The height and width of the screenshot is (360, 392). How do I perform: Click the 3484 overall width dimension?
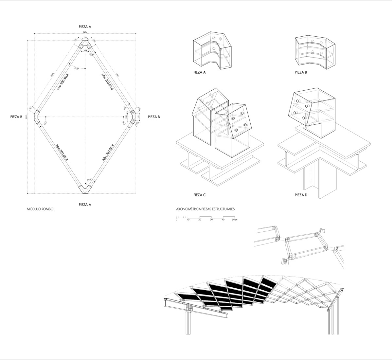[x=85, y=32]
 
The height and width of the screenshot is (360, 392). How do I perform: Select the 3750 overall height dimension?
[x=26, y=117]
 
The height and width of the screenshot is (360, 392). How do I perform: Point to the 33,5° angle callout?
[x=77, y=69]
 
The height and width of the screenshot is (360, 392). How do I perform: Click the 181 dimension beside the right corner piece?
[x=139, y=117]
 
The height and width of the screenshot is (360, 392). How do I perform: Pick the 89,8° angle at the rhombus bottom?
[x=89, y=180]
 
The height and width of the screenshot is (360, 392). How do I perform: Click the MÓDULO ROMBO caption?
[x=40, y=209]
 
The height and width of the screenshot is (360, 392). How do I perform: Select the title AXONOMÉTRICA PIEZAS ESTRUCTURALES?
[x=205, y=209]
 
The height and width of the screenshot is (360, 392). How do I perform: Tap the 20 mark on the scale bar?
[x=200, y=220]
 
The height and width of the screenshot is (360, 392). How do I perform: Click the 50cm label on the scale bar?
[x=235, y=220]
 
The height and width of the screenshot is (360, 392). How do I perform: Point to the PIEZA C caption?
[x=200, y=195]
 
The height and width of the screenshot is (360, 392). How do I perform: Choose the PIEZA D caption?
[x=301, y=195]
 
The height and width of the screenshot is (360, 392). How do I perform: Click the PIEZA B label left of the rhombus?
[x=16, y=117]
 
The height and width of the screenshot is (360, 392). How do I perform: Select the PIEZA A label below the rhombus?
[x=85, y=205]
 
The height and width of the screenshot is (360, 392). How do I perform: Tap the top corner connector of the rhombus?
[x=85, y=45]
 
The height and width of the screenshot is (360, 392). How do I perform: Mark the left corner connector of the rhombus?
[x=37, y=117]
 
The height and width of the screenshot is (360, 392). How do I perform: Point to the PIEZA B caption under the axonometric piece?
[x=301, y=72]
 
